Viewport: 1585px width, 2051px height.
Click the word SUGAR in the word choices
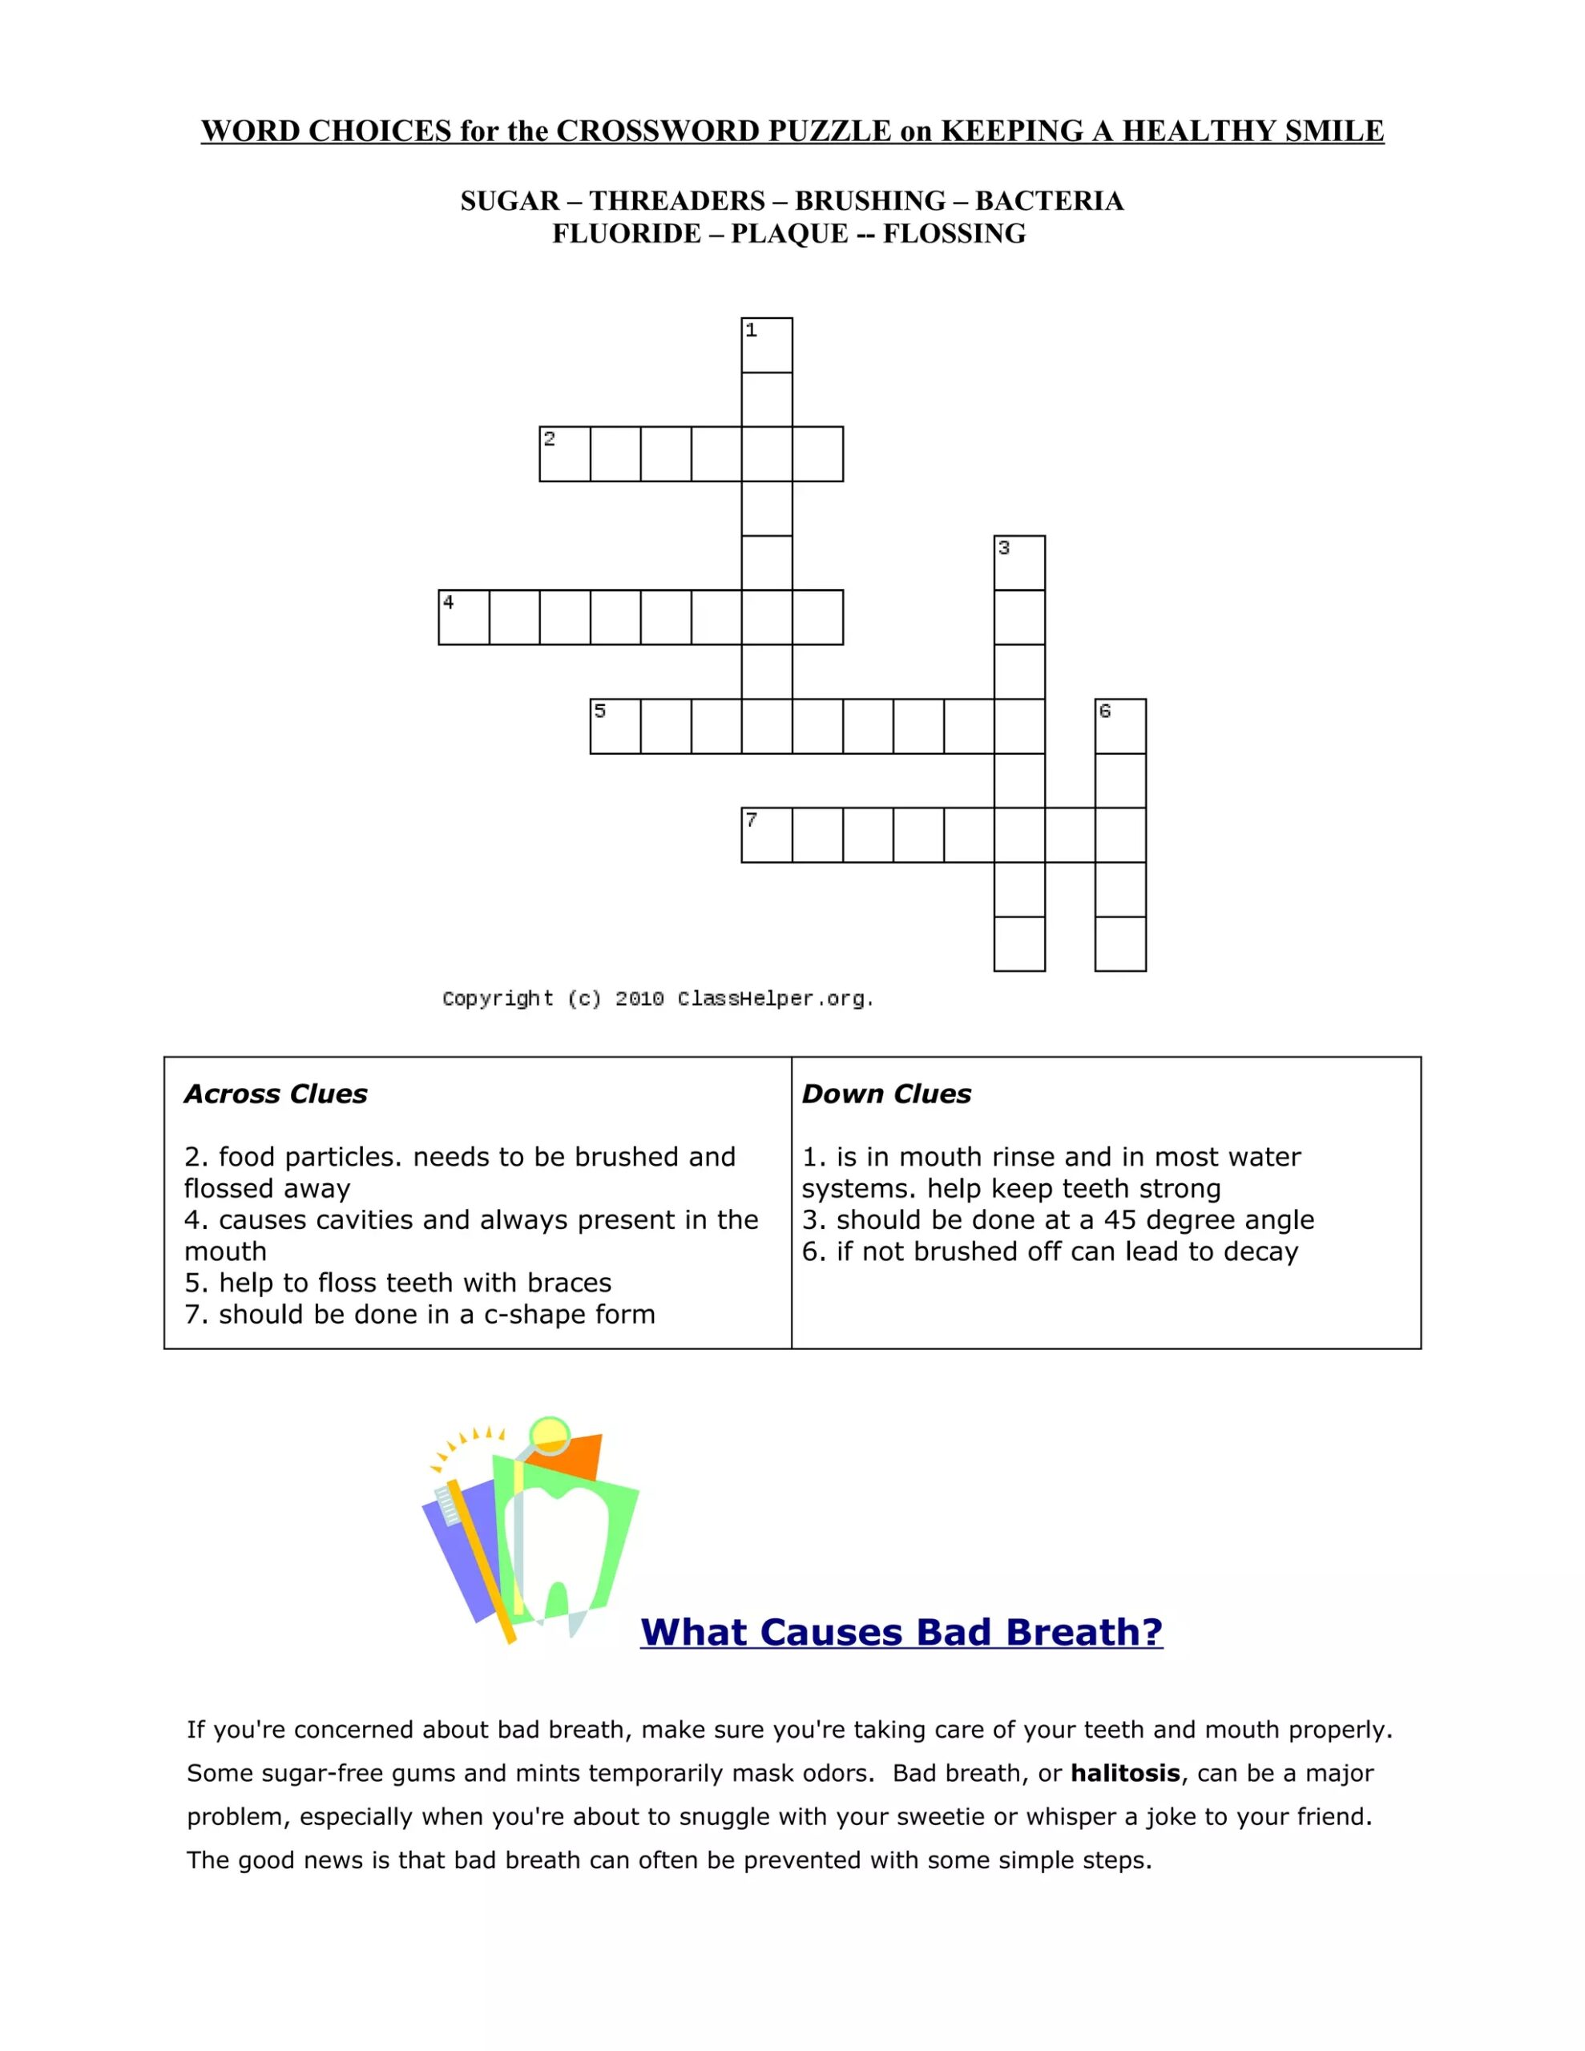[509, 201]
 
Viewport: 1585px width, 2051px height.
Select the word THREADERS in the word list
[676, 201]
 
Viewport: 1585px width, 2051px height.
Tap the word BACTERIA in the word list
[1049, 201]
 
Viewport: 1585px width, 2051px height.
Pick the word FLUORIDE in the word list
[626, 234]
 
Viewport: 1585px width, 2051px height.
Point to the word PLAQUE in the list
[789, 234]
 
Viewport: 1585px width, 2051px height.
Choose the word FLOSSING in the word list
[954, 234]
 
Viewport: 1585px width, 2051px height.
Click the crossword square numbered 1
[767, 345]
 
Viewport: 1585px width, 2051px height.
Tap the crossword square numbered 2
[565, 454]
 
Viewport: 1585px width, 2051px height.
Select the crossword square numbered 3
[1019, 563]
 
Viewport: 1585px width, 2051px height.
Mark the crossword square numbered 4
[464, 618]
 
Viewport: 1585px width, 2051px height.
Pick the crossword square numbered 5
[615, 727]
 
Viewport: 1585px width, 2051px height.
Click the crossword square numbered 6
[1120, 727]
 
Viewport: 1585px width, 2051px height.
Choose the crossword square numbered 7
[767, 836]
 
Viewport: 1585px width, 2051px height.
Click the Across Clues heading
[276, 1094]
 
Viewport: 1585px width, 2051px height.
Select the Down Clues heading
[886, 1094]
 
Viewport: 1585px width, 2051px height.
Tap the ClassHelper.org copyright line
[658, 998]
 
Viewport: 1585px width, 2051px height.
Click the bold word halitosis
[1124, 1773]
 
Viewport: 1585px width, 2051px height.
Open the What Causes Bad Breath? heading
[901, 1633]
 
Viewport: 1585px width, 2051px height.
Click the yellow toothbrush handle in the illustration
[481, 1564]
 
